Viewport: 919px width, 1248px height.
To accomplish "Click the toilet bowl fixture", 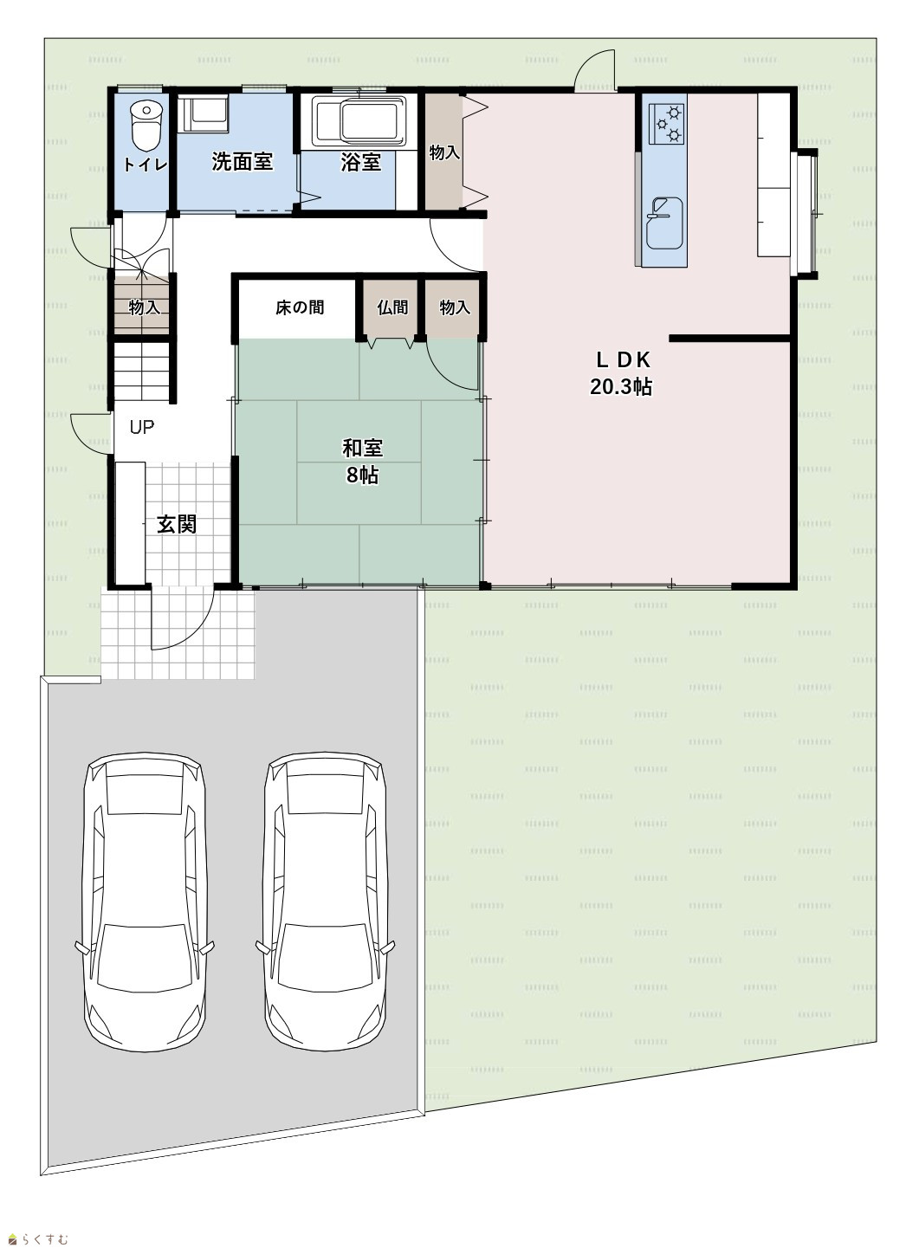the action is (x=146, y=126).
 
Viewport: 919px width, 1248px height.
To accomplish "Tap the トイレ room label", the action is (x=145, y=165).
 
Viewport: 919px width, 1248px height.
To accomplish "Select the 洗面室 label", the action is (x=242, y=162).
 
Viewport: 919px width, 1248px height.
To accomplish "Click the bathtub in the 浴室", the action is (x=360, y=121).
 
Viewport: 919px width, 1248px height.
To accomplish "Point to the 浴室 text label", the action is (x=360, y=162).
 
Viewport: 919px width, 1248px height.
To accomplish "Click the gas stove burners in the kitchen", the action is (x=669, y=124).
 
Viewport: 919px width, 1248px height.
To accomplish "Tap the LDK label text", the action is (x=623, y=360).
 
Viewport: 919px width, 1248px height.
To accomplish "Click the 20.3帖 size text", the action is (x=621, y=386).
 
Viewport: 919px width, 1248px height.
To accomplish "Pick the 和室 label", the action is (x=362, y=448).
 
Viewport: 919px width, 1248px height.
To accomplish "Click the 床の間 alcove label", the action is (x=300, y=307).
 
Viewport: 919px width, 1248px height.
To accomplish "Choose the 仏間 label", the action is (x=392, y=307).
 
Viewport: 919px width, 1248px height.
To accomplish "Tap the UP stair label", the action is (x=141, y=427).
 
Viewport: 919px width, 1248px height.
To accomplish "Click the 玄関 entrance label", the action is (x=177, y=524).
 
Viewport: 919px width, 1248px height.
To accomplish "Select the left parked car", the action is (x=145, y=902).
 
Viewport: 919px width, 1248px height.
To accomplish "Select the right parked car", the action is (x=326, y=902).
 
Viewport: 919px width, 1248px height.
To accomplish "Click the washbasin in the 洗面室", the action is (x=203, y=113).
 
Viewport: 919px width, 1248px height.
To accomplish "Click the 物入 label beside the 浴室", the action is (x=444, y=152).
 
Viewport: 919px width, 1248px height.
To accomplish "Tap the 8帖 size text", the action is (x=362, y=475).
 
